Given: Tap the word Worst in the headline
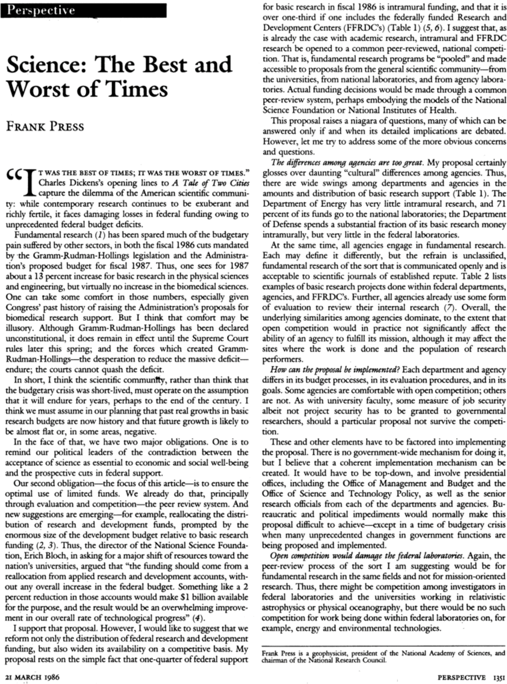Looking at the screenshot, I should click(x=42, y=89).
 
